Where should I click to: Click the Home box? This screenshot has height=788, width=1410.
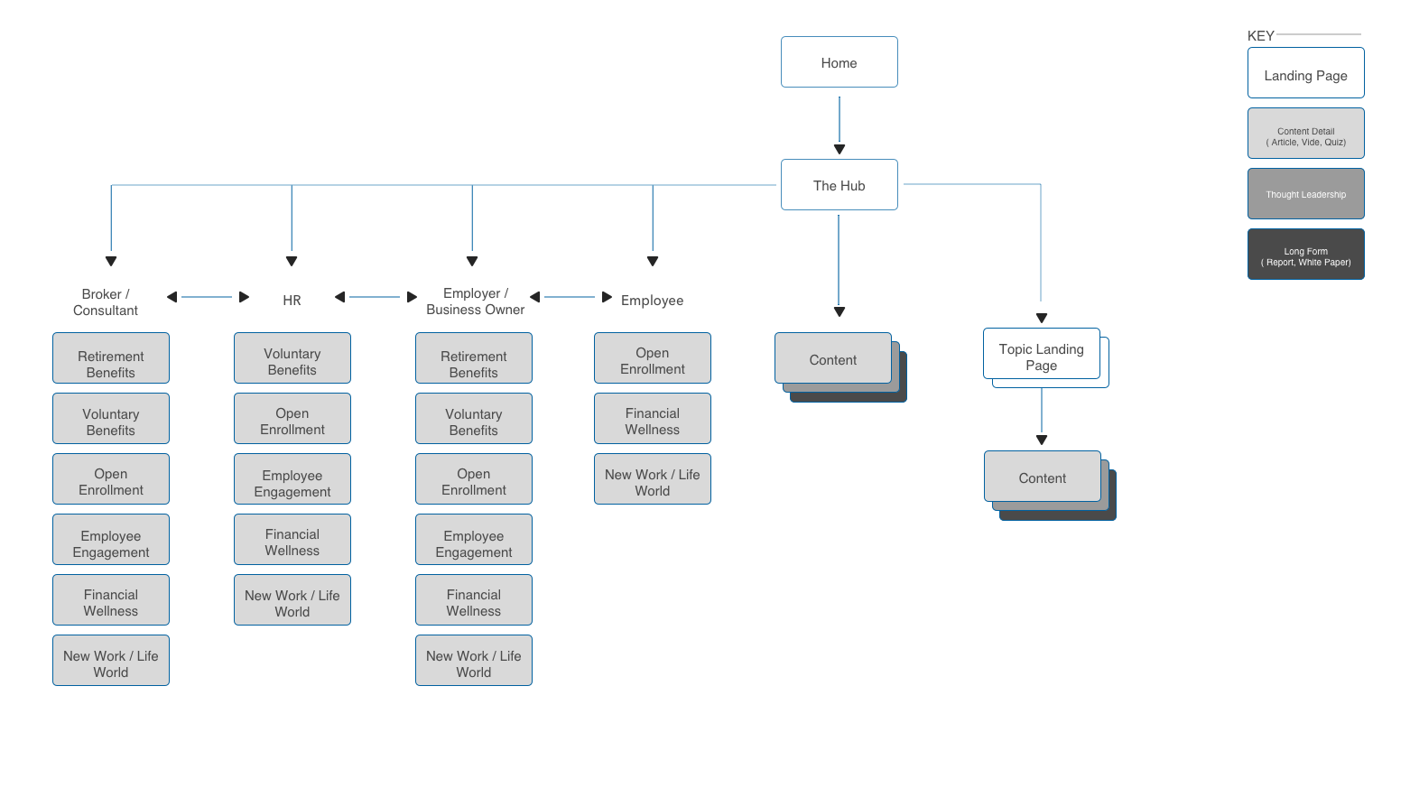[840, 61]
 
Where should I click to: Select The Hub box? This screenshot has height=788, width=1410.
[840, 184]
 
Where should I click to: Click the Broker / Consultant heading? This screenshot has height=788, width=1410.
[105, 302]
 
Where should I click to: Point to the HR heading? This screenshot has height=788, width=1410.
[292, 301]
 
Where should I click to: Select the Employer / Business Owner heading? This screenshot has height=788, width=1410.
[475, 301]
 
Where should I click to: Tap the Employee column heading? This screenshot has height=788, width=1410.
[652, 301]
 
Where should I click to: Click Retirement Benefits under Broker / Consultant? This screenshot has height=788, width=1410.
[111, 357]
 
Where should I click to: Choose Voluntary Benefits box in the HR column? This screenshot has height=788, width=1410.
[292, 357]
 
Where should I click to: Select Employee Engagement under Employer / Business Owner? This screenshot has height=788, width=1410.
[473, 539]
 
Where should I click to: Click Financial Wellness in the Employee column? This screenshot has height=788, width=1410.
[652, 418]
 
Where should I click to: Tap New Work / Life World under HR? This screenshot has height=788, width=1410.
[292, 599]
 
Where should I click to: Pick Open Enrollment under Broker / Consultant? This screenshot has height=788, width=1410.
[111, 478]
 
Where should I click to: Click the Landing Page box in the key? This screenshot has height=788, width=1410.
[1305, 72]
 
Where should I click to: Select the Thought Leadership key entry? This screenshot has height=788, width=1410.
[1305, 193]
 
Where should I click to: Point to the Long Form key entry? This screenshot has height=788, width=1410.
[1305, 254]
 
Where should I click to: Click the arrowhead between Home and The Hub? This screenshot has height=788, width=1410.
[840, 149]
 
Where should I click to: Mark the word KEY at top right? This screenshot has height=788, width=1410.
[1260, 36]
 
